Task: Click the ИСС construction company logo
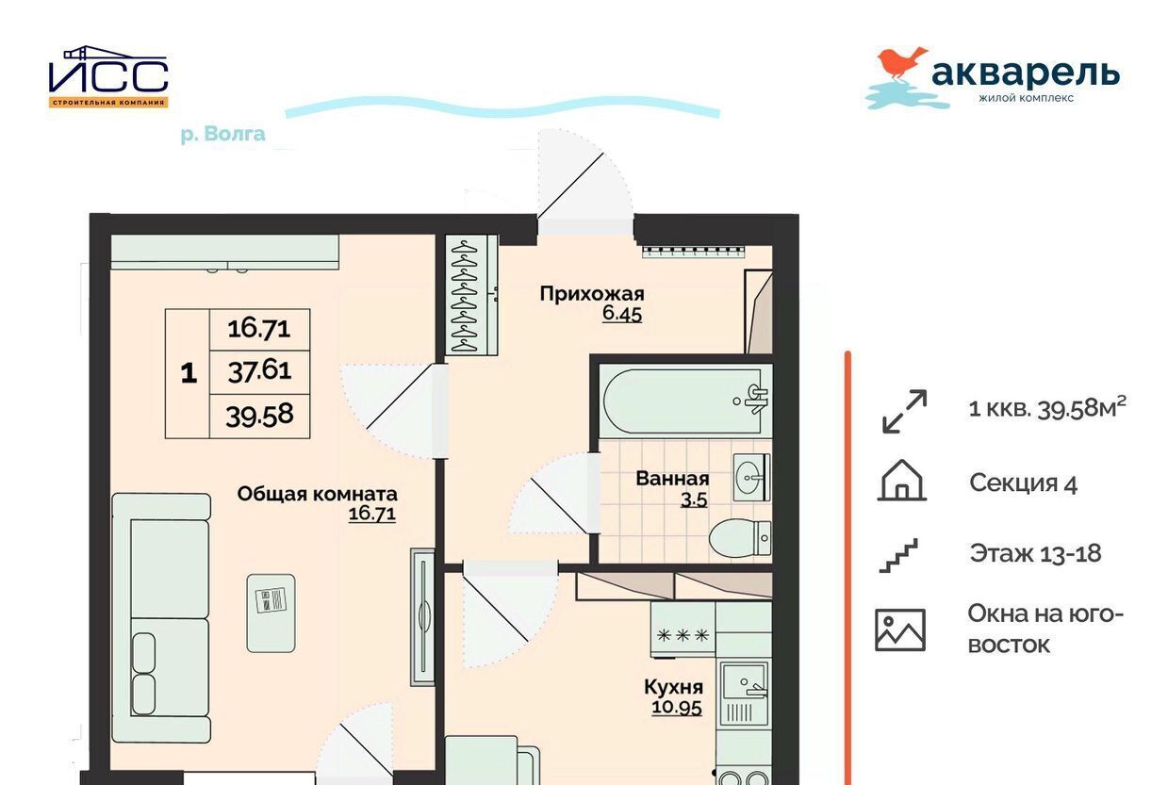(108, 76)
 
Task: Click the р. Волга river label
(222, 135)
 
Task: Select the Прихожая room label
(592, 294)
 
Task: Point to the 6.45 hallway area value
(622, 314)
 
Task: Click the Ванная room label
(673, 479)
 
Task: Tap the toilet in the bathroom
(740, 537)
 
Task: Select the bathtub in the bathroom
(685, 401)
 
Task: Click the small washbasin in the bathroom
(751, 477)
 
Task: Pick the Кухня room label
(674, 687)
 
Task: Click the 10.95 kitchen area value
(677, 708)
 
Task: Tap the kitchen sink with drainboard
(744, 694)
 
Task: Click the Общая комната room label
(317, 494)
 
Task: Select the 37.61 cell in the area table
(259, 371)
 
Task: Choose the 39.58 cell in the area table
(259, 416)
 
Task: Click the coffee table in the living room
(271, 613)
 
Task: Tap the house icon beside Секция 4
(901, 481)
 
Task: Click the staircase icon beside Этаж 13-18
(898, 556)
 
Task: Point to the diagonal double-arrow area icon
(904, 411)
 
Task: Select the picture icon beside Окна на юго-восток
(900, 630)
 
